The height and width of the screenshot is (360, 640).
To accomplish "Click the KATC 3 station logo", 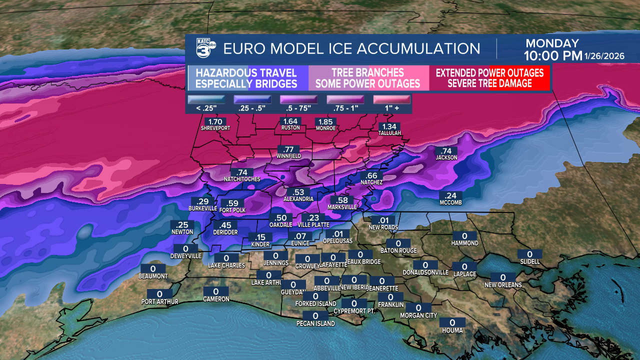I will pyautogui.click(x=205, y=49).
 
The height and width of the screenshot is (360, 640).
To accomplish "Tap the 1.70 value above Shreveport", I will pyautogui.click(x=215, y=121).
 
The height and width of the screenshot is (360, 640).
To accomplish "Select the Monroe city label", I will pyautogui.click(x=325, y=128).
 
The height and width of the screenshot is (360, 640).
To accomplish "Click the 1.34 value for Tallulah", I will pyautogui.click(x=389, y=126).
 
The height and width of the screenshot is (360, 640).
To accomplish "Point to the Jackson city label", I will pyautogui.click(x=446, y=157).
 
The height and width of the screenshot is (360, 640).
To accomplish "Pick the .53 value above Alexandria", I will pyautogui.click(x=298, y=192).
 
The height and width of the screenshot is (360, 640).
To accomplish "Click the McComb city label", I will pyautogui.click(x=450, y=202).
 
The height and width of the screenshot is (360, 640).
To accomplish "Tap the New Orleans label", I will pyautogui.click(x=503, y=285).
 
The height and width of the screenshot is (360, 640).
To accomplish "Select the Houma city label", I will pyautogui.click(x=452, y=330).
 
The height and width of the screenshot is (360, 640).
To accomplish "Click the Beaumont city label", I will pyautogui.click(x=153, y=276).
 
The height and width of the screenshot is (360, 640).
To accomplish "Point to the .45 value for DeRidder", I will pyautogui.click(x=225, y=225).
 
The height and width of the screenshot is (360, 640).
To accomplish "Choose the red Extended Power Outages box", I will pyautogui.click(x=489, y=78).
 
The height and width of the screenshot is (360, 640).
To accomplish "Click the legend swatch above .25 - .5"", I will pyautogui.click(x=252, y=99).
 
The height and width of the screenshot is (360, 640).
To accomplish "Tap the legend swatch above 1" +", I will pyautogui.click(x=392, y=99).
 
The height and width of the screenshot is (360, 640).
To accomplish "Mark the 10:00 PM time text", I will pyautogui.click(x=552, y=55).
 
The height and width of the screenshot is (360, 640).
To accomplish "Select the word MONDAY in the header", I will pyautogui.click(x=552, y=43).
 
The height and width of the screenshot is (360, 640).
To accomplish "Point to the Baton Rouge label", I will pyautogui.click(x=398, y=250).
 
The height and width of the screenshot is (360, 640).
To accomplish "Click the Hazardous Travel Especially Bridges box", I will pyautogui.click(x=246, y=78).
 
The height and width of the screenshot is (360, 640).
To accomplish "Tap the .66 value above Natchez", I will pyautogui.click(x=371, y=175).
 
